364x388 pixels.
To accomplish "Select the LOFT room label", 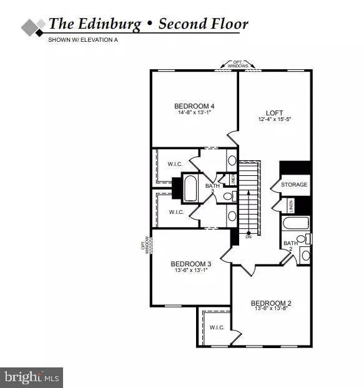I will point(275,113).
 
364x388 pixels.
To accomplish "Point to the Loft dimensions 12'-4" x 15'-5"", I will point(275,120).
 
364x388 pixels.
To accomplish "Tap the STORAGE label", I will point(293,185).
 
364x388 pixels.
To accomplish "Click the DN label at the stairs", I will point(248,236).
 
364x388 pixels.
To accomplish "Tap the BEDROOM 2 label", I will point(272,303).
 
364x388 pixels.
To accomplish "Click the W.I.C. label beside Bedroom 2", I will point(217,327).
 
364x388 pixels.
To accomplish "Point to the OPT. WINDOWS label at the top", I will point(238,64).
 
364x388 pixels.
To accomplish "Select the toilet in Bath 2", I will point(302,239).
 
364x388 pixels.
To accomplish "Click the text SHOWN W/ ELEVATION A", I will point(83,40).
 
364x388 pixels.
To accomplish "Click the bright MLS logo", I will point(31,376).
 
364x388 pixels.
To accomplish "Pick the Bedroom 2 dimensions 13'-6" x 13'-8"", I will point(272,309).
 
